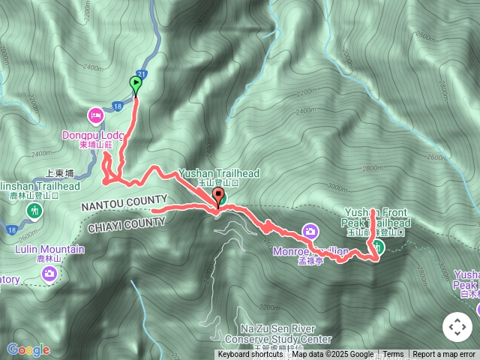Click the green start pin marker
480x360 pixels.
coord(136,85)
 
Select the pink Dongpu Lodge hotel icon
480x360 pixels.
coord(95,115)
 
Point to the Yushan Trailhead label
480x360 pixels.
coord(218,174)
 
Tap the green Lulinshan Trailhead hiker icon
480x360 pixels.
coord(34,211)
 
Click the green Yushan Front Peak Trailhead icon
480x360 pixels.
coord(379,247)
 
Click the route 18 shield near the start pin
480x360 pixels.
coord(118,106)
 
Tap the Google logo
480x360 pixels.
coord(28,349)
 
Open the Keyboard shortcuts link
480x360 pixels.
coord(250,355)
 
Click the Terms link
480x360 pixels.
coord(393,355)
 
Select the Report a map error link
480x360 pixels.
coord(444,355)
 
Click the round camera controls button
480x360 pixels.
coord(456,327)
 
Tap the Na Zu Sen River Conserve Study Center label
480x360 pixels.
coord(286,334)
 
